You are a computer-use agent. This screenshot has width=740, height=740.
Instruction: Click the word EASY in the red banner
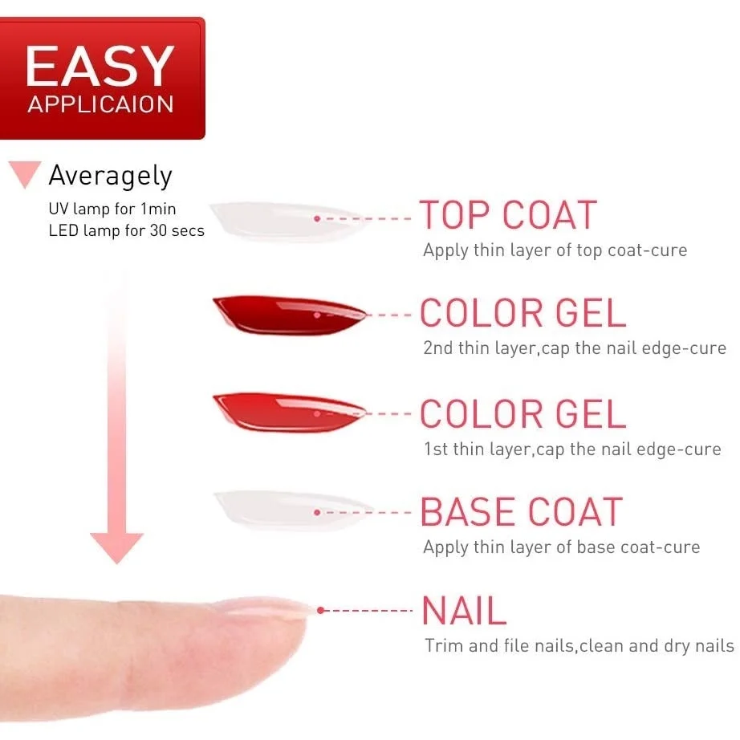(100, 66)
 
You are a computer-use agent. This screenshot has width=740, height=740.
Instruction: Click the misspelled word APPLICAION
(100, 104)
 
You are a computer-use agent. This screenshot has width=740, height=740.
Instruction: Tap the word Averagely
(111, 176)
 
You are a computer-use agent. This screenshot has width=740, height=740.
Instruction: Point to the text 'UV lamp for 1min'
(112, 209)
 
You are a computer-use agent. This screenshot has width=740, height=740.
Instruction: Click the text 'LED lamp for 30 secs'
(127, 230)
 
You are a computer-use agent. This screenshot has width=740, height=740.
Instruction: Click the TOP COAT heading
(508, 215)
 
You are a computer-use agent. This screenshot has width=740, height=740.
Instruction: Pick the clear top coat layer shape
(288, 221)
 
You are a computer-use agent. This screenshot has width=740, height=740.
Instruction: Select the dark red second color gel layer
(289, 315)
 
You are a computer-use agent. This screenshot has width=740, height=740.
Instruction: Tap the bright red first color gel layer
(289, 412)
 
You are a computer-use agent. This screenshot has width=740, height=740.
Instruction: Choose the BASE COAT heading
(522, 512)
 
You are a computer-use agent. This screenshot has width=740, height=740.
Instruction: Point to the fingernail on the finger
(264, 606)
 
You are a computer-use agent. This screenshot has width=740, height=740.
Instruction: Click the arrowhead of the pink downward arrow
(116, 547)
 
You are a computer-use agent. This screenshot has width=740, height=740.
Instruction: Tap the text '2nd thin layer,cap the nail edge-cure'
(575, 348)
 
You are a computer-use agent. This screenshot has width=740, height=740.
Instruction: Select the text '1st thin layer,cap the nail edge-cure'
(572, 449)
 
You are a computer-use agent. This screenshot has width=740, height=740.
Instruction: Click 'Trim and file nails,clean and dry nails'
(579, 645)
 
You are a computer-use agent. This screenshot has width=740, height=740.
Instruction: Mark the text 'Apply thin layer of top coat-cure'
(555, 250)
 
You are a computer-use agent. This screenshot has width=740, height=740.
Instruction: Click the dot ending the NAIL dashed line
(321, 610)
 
